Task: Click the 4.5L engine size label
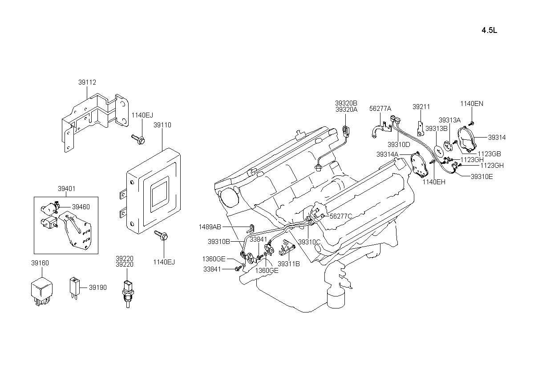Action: pyautogui.click(x=489, y=30)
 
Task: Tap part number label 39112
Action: pyautogui.click(x=87, y=82)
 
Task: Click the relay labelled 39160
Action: pyautogui.click(x=42, y=292)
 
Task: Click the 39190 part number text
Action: pyautogui.click(x=98, y=288)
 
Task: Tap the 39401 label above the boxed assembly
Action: pyautogui.click(x=66, y=189)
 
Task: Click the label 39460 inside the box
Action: pyautogui.click(x=81, y=207)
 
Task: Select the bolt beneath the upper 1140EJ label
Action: pyautogui.click(x=138, y=139)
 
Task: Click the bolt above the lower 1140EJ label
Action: pyautogui.click(x=161, y=235)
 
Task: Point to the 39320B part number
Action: pyautogui.click(x=346, y=103)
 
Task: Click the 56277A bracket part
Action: pyautogui.click(x=381, y=130)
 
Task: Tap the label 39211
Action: pyautogui.click(x=421, y=107)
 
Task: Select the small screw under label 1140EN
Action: pyautogui.click(x=471, y=123)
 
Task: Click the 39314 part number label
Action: pyautogui.click(x=497, y=138)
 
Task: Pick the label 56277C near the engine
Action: pyautogui.click(x=341, y=216)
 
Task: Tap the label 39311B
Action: pyautogui.click(x=289, y=264)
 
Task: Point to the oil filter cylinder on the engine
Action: pyautogui.click(x=336, y=298)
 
